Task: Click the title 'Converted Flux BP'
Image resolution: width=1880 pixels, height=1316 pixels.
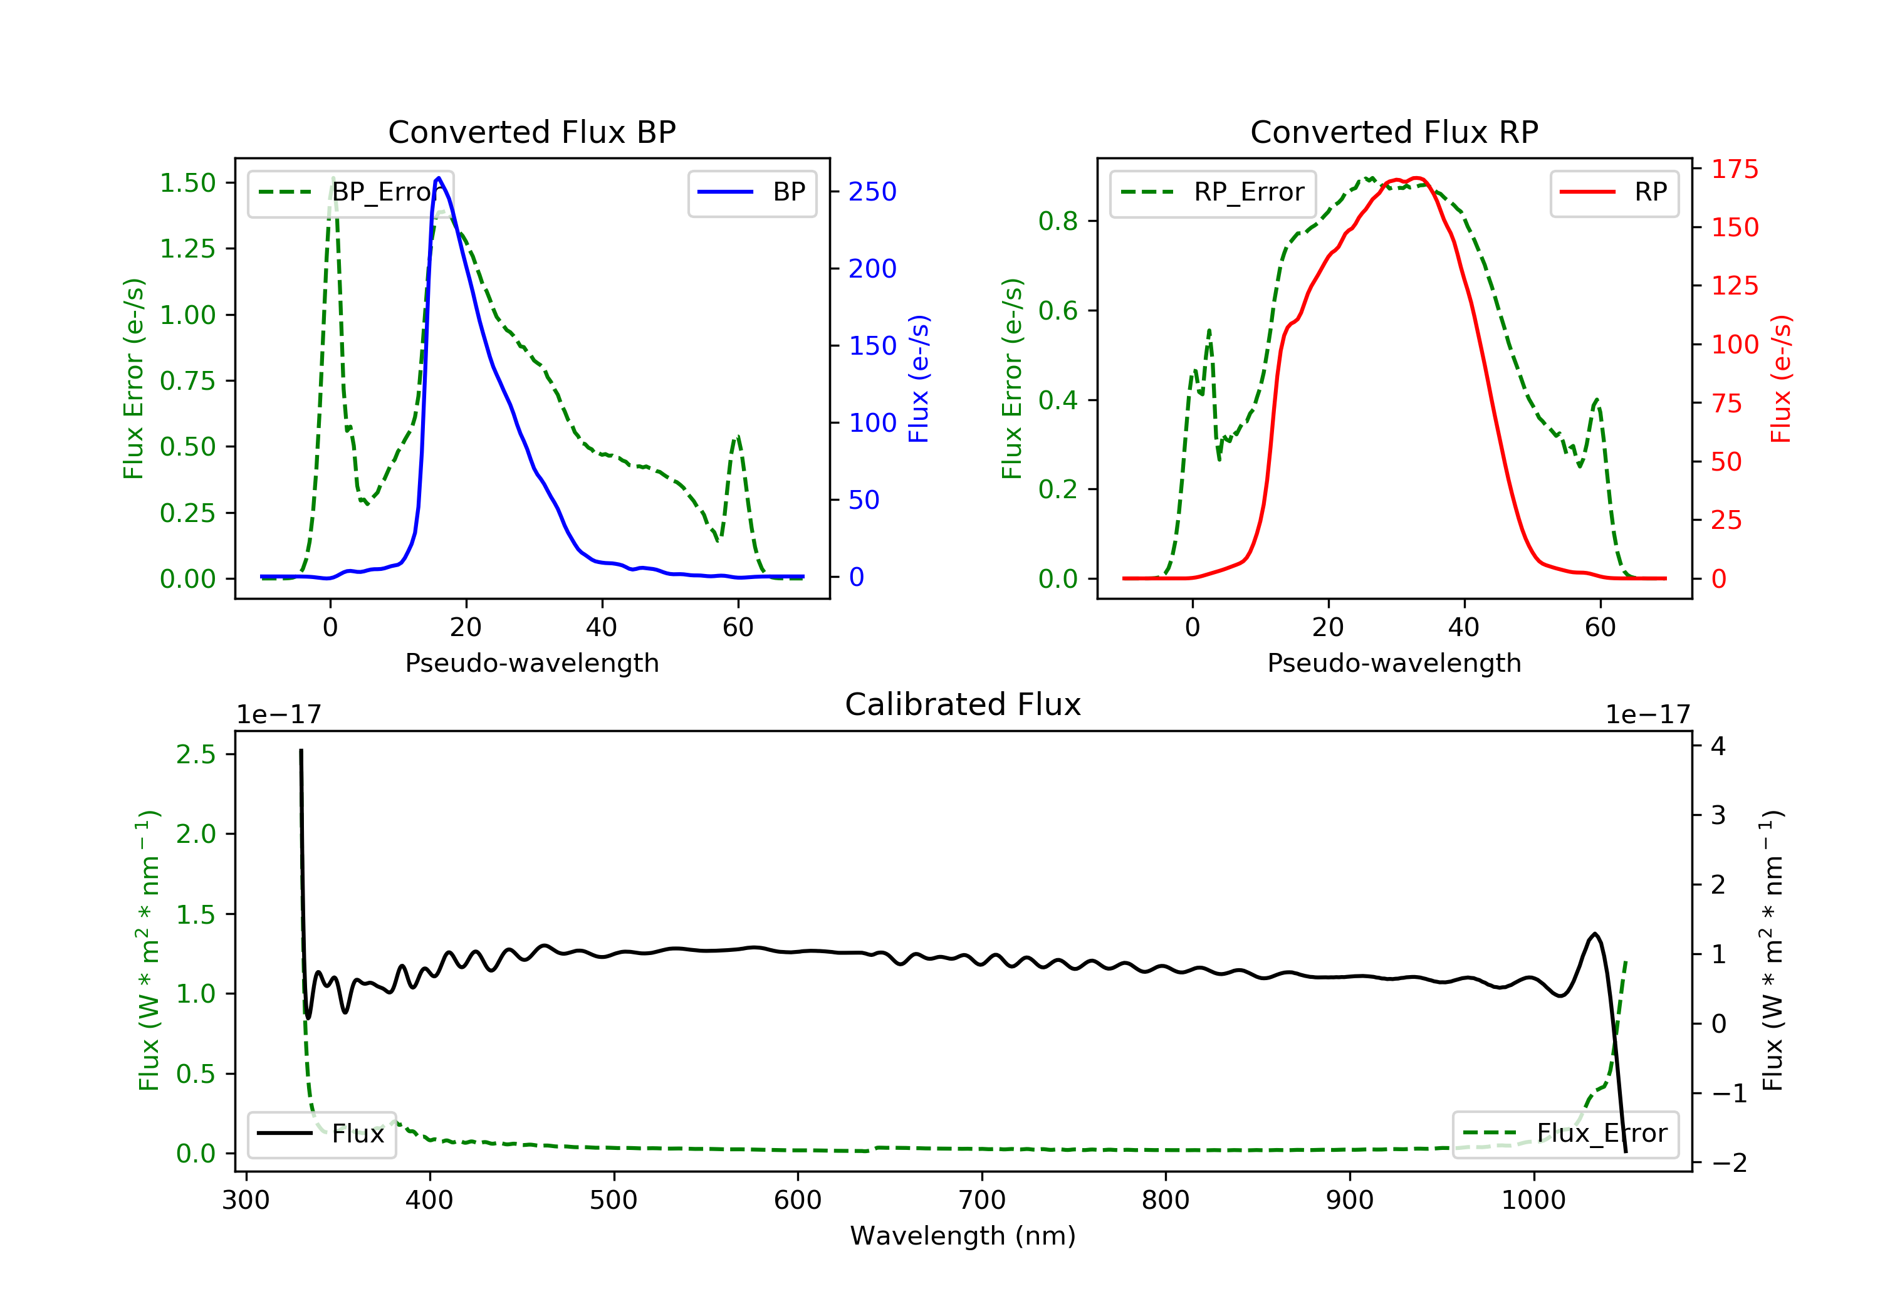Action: tap(531, 132)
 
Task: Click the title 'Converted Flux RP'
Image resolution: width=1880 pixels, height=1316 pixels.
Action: tap(1394, 132)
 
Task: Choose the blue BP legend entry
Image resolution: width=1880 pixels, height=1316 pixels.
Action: tap(751, 192)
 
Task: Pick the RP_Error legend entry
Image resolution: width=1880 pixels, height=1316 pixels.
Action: tap(1213, 192)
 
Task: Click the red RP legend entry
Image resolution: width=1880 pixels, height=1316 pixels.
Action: tap(1614, 192)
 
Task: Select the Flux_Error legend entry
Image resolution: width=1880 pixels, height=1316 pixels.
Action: tap(1565, 1134)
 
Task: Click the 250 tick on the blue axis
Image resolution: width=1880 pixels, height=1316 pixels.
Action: tap(872, 192)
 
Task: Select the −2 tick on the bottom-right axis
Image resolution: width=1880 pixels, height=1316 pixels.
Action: tap(1728, 1163)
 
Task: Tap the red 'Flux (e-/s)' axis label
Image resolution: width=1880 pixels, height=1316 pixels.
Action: tap(1781, 379)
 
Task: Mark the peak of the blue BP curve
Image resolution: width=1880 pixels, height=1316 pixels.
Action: tap(439, 178)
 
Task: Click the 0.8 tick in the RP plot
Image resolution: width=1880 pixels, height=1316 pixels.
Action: tap(1058, 221)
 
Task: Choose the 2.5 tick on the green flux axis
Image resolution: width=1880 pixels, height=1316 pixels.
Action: tap(196, 755)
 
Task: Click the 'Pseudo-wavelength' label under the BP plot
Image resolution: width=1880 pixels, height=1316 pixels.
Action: tap(531, 662)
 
